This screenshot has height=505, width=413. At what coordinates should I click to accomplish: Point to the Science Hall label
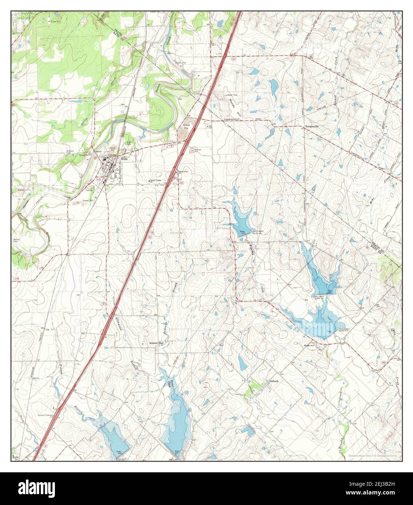tap(156, 343)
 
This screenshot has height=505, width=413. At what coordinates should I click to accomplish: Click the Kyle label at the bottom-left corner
tap(15, 457)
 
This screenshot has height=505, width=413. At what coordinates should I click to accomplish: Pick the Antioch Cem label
tap(70, 153)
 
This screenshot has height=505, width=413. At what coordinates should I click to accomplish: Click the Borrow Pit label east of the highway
tap(198, 151)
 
